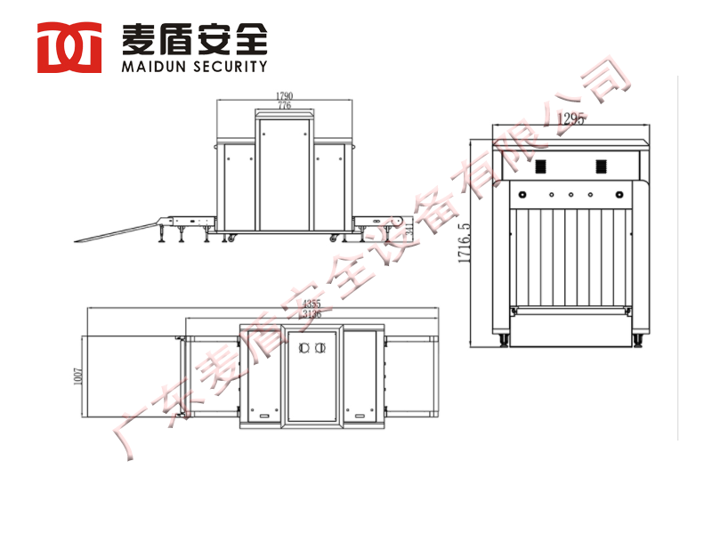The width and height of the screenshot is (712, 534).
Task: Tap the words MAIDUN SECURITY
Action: [x=193, y=66]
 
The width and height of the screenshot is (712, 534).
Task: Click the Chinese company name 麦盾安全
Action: [x=193, y=38]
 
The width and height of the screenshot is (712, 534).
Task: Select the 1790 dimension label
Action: [x=284, y=95]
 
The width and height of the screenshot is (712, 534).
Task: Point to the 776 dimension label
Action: [x=284, y=105]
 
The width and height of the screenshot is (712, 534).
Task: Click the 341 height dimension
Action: [x=409, y=230]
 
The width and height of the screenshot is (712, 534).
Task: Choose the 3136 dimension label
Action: [x=311, y=314]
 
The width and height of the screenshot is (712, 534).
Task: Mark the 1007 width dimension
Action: [x=77, y=376]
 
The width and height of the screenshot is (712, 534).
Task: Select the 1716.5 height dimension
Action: [x=464, y=243]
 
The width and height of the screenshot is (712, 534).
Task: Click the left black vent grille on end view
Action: [x=539, y=166]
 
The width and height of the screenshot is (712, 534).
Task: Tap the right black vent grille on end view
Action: [x=601, y=166]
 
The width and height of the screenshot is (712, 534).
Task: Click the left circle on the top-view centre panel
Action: [x=303, y=348]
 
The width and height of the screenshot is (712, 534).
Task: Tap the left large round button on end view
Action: [x=522, y=193]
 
